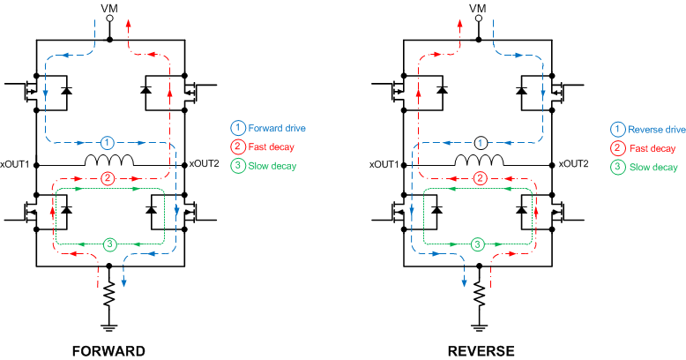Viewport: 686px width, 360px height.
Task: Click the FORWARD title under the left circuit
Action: pyautogui.click(x=109, y=351)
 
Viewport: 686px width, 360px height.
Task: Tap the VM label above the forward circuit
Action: pyautogui.click(x=109, y=9)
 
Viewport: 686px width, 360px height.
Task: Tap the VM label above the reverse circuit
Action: pyautogui.click(x=478, y=9)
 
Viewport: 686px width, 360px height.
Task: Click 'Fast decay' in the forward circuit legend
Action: pyautogui.click(x=271, y=146)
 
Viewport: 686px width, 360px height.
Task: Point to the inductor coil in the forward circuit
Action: pyautogui.click(x=109, y=161)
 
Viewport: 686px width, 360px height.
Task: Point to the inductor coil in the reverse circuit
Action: pyautogui.click(x=479, y=161)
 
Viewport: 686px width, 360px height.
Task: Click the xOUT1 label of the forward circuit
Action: pyautogui.click(x=16, y=164)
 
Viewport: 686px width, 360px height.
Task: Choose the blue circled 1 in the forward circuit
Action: pyautogui.click(x=107, y=142)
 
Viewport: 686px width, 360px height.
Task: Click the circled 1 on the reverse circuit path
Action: pyautogui.click(x=479, y=142)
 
